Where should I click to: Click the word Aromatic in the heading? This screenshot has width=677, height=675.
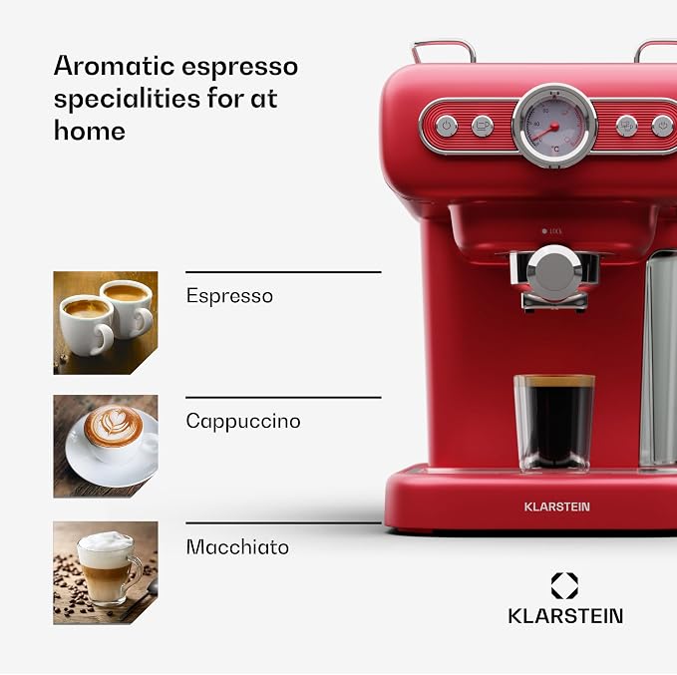[x=114, y=66]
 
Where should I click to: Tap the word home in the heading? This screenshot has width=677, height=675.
[x=90, y=131]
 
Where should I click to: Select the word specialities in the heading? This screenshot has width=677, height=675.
[x=127, y=100]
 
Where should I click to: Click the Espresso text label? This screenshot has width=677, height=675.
[x=229, y=296]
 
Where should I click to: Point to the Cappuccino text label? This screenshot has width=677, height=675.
[x=243, y=421]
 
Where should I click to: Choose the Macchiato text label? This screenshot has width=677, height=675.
[x=237, y=546]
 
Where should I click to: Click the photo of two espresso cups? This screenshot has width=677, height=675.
[x=106, y=323]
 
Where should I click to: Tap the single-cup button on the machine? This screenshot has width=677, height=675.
[x=483, y=126]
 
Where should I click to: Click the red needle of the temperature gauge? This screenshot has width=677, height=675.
[x=544, y=133]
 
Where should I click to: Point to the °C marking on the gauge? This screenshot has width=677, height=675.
[x=555, y=149]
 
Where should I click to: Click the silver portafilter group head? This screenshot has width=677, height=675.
[x=554, y=275]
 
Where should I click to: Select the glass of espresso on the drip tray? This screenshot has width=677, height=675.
[x=554, y=423]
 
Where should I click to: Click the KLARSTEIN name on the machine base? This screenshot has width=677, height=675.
[x=557, y=506]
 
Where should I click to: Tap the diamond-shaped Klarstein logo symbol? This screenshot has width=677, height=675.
[x=564, y=585]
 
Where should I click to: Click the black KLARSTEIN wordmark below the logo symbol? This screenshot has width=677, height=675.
[x=565, y=616]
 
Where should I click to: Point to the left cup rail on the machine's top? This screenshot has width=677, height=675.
[x=444, y=50]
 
